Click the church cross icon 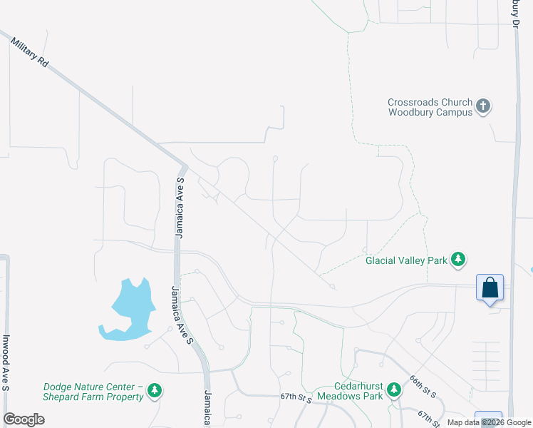484,107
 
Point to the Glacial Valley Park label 406,260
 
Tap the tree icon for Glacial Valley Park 460,260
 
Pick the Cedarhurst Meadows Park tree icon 393,390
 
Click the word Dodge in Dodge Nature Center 56,387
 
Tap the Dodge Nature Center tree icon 154,391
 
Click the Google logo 24,419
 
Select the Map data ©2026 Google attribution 490,422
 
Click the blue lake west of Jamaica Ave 129,310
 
